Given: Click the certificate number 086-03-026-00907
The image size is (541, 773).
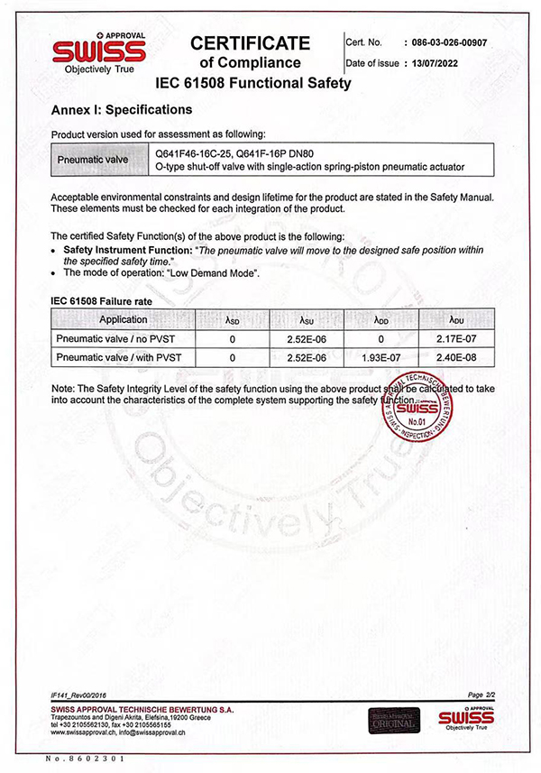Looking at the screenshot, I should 448,42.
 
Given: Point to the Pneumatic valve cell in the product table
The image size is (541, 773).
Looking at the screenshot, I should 93,160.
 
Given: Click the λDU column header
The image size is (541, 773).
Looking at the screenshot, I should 455,319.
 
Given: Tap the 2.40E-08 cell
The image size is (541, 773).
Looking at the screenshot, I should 455,358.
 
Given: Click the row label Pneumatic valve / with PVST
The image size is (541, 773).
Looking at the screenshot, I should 118,358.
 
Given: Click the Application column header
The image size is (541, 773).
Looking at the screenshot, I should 124,319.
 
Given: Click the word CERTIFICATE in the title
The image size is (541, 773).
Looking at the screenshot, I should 250,43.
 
